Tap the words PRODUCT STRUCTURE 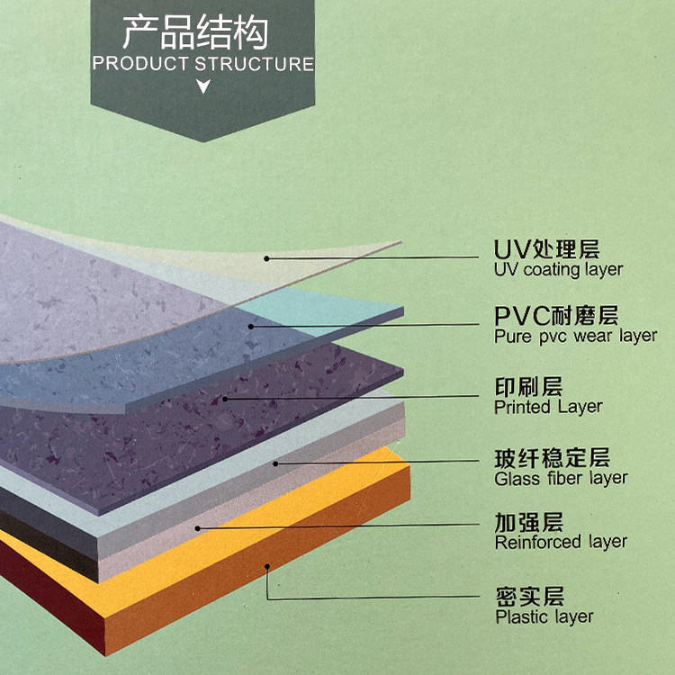202,64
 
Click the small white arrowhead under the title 203,87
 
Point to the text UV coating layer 558,269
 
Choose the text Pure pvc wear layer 575,337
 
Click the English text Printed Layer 548,407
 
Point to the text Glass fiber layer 561,478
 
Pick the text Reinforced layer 561,542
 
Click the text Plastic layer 544,616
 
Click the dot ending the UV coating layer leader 267,258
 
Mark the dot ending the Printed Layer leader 224,397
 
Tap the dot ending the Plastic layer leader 267,566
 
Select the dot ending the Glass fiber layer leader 276,463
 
